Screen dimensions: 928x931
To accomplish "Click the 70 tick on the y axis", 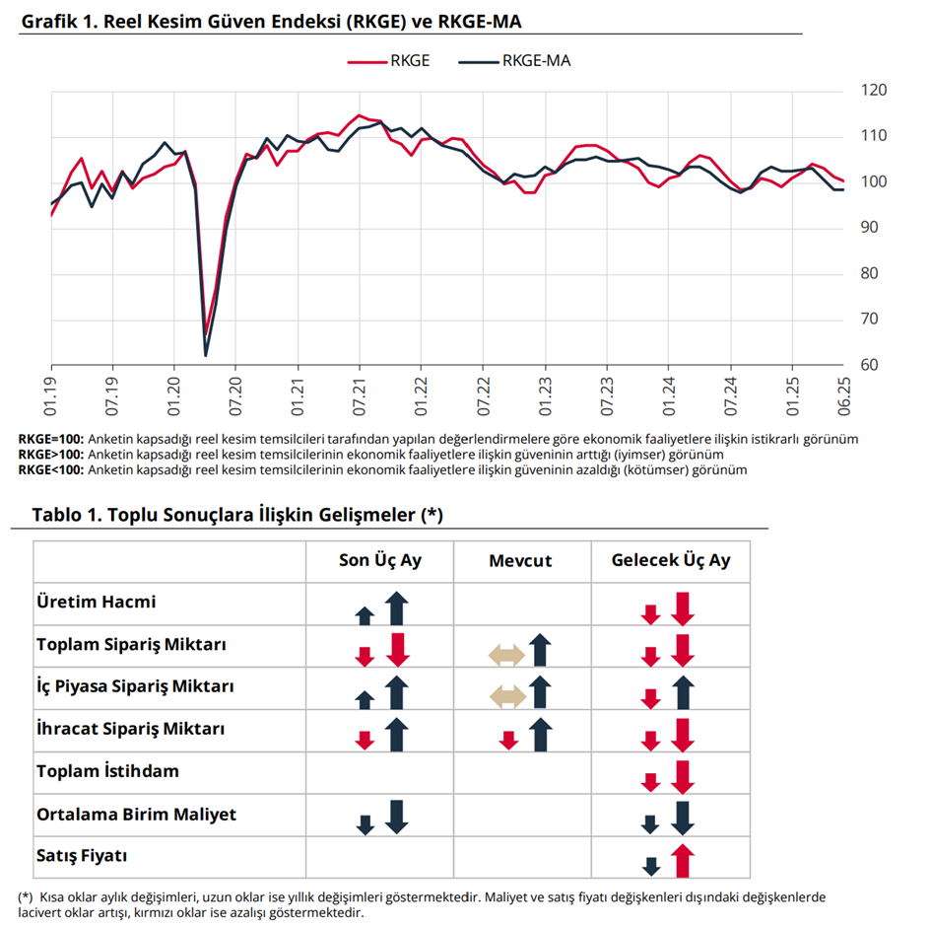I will (870, 320).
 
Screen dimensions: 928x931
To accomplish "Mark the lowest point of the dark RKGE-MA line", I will (206, 355).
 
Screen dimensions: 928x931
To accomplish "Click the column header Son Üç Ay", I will (379, 560).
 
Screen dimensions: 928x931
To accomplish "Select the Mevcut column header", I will (520, 561).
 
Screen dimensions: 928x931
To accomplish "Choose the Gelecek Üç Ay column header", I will (671, 560).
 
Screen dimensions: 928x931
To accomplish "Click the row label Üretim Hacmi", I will (96, 602).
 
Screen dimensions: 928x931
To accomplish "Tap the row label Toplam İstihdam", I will (107, 771).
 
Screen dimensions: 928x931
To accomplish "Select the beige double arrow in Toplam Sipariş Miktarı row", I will (506, 655).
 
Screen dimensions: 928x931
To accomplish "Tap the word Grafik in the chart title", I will (49, 20).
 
